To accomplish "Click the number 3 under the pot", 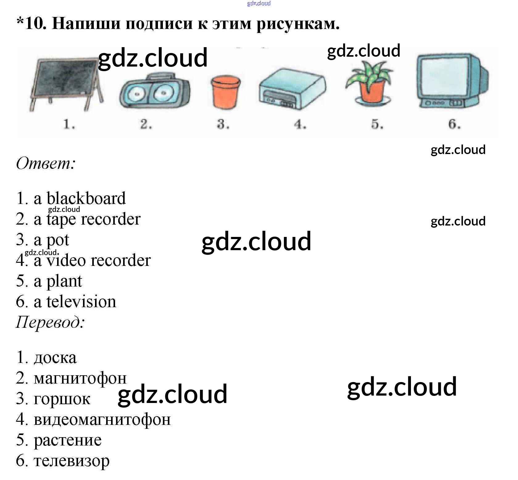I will coord(223,124).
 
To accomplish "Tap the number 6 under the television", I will coord(454,124).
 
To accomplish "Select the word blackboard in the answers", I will coord(86,199).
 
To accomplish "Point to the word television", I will coord(81,302).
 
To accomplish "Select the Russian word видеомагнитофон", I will coord(102,420).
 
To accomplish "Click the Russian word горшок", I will coord(62,399).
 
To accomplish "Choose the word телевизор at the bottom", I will coord(72,461).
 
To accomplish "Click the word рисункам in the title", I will coord(298,23).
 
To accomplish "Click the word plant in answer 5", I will coord(64,281).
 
